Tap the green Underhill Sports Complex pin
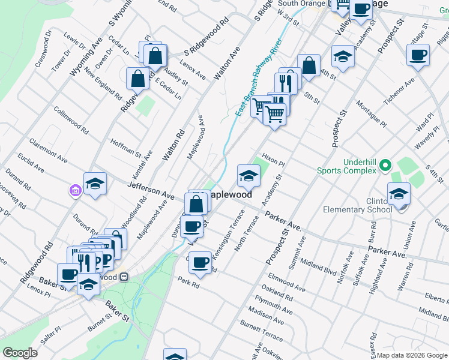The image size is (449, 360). tap(385, 164)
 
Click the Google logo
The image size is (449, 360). tap(20, 353)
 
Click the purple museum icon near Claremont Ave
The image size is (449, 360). tap(76, 191)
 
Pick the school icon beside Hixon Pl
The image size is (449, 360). tap(249, 175)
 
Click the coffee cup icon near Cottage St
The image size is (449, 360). tap(418, 55)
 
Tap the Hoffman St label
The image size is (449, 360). tap(125, 148)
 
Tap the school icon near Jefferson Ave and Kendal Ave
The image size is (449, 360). tap(95, 184)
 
